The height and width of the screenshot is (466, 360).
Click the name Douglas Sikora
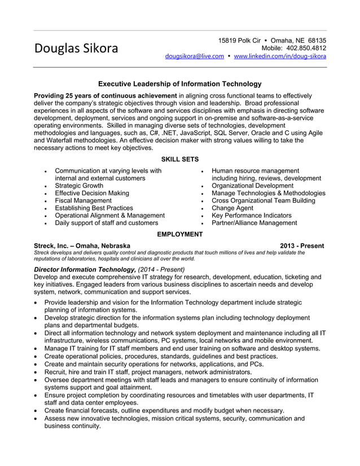[76, 49]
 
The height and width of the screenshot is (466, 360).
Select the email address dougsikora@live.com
[194, 56]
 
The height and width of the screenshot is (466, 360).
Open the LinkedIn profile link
[280, 56]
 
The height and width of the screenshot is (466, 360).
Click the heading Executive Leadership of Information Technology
[180, 83]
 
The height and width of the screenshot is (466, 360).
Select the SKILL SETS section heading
[179, 160]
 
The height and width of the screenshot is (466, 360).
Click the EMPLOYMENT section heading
[179, 234]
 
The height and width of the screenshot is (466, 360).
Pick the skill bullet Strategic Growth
[79, 186]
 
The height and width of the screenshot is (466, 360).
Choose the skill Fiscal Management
[83, 200]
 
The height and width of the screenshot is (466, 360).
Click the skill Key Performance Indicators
[251, 216]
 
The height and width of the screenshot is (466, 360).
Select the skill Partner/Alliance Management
[254, 223]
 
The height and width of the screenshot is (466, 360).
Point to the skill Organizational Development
[252, 186]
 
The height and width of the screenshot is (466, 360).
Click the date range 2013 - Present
[302, 246]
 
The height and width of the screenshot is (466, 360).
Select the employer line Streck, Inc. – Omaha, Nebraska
[82, 246]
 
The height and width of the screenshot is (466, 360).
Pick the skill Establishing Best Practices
[94, 208]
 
